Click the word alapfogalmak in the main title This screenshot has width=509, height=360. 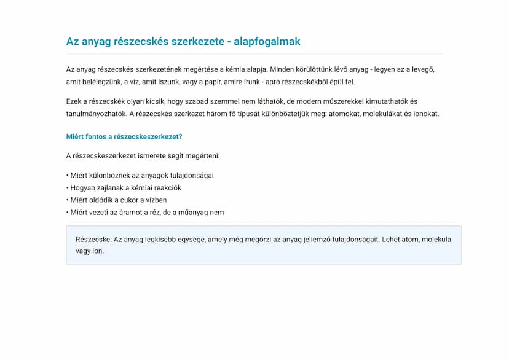pos(267,42)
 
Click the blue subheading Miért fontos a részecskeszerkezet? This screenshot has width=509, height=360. pos(124,136)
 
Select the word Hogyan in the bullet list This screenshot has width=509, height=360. pos(83,188)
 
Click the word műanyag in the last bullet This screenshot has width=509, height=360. pos(198,213)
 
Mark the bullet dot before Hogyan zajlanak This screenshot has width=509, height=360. pos(68,188)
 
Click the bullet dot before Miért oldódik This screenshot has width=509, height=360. pos(68,200)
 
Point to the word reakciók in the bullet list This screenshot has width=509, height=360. pos(166,188)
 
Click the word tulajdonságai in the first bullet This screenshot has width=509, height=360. pos(192,175)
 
